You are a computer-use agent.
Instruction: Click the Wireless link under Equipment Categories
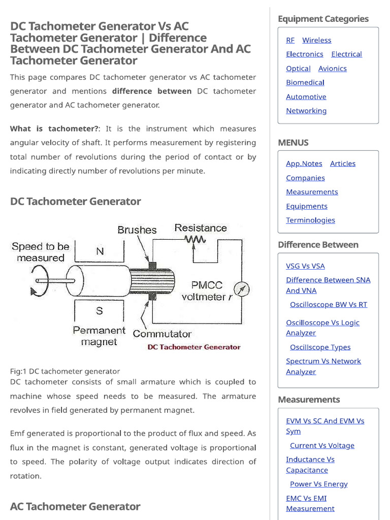point(316,40)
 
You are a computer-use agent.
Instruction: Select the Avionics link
point(332,69)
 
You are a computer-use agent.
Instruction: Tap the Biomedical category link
point(305,82)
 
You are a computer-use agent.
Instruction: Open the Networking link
point(306,111)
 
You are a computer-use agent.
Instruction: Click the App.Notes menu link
point(304,164)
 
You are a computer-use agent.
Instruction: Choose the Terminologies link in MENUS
point(310,220)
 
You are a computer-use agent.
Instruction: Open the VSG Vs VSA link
point(305,266)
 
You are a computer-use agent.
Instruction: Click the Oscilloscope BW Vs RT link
point(328,305)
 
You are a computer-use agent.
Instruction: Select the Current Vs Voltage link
point(322,445)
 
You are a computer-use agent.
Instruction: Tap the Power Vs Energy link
point(318,484)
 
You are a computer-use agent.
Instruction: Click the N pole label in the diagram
point(100,251)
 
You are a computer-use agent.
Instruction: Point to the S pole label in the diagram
point(100,310)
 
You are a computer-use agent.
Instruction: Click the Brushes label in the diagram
point(137,230)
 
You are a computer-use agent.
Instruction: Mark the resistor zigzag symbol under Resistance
point(196,240)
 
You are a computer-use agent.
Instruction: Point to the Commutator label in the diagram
point(162,334)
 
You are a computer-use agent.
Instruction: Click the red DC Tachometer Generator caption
point(193,347)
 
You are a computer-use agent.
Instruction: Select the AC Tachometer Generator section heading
point(75,506)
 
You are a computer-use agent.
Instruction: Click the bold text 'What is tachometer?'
point(55,129)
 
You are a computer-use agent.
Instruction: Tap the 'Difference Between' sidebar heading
point(318,245)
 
